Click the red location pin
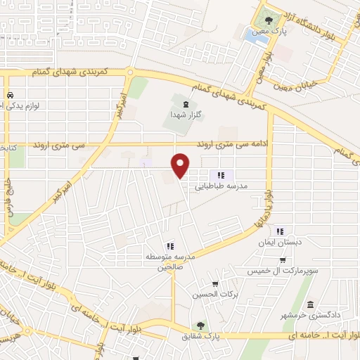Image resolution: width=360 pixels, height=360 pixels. click(x=181, y=165)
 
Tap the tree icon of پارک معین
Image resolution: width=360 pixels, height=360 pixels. click(x=267, y=20)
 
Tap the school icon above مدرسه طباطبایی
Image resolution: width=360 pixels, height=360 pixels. click(x=221, y=175)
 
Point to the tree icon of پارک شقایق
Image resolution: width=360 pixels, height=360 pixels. click(x=201, y=326)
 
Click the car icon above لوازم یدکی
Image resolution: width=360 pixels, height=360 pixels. click(x=10, y=95)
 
